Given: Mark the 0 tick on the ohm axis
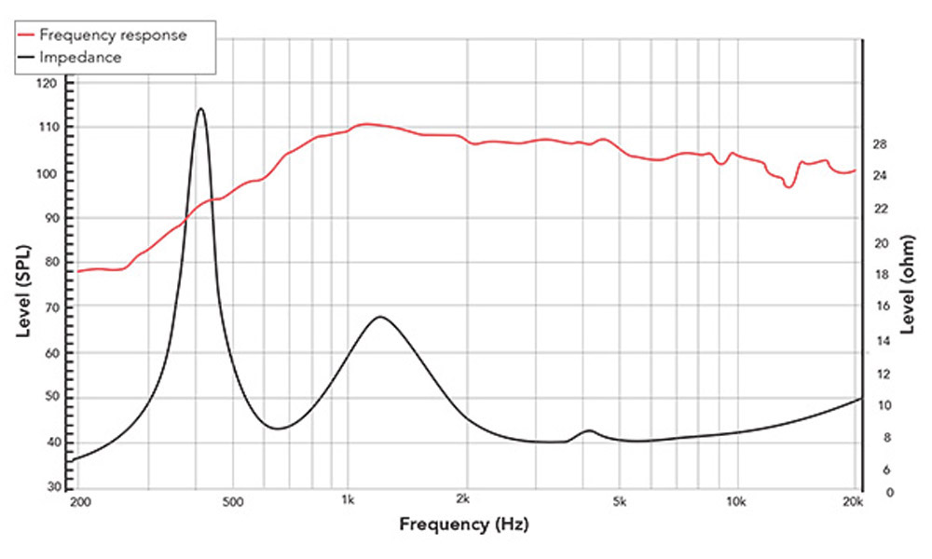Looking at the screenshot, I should [877, 491].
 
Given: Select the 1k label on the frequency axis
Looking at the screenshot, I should [348, 502].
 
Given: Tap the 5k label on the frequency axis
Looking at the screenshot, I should [621, 502].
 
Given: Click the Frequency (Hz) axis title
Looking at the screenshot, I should [462, 524].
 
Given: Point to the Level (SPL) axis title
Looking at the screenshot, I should [20, 285].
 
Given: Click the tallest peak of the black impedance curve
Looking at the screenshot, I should [200, 109].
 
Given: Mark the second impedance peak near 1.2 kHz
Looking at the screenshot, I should [380, 317].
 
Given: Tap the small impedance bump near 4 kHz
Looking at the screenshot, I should [589, 430].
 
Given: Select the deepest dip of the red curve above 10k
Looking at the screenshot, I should [788, 186].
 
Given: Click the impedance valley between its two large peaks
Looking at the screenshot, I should [278, 429].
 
